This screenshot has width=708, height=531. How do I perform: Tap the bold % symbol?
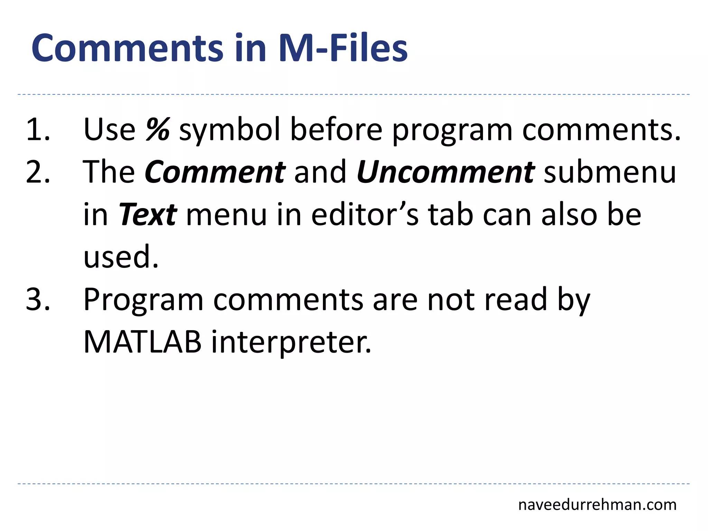(x=158, y=129)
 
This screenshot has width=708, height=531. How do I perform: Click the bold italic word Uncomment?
(x=446, y=172)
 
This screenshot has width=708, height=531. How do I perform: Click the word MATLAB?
(x=142, y=342)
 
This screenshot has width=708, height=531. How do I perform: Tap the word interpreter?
(x=291, y=342)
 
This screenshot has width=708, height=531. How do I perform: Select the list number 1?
(x=38, y=129)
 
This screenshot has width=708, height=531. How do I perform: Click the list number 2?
(x=38, y=172)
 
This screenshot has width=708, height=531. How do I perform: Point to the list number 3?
(x=38, y=299)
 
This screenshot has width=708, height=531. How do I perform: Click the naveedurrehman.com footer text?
(x=597, y=505)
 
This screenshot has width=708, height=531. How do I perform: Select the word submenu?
(x=610, y=172)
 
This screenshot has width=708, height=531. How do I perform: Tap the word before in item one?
(x=336, y=129)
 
